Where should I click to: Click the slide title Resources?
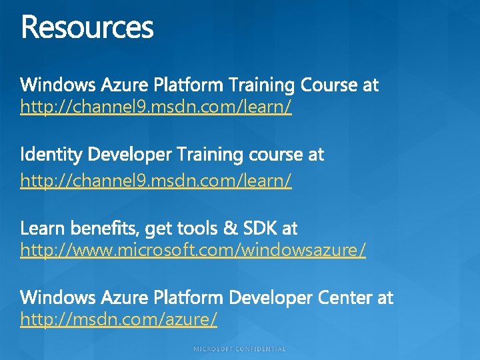point(87,28)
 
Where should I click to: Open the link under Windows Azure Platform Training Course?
point(156,107)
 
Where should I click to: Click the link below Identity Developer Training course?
point(156,180)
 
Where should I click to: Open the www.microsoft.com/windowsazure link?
point(193,251)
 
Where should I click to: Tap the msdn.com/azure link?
point(119,320)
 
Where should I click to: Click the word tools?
point(197,229)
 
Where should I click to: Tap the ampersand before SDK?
point(231,229)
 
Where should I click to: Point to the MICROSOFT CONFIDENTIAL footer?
point(240,349)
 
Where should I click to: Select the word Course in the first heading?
point(329,85)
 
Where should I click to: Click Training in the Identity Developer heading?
point(211,155)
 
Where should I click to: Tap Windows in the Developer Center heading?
point(58,297)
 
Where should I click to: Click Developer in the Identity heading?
point(129,155)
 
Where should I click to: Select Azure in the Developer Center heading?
point(125,297)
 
